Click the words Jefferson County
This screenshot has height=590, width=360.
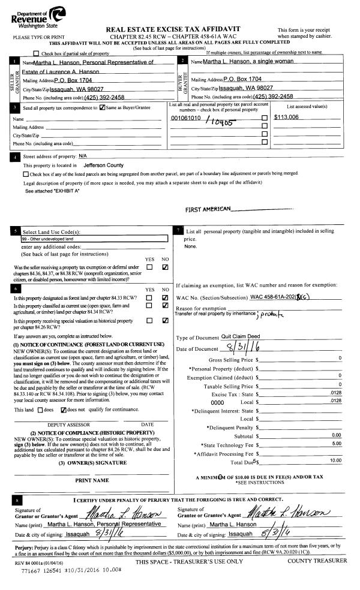coord(103,164)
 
